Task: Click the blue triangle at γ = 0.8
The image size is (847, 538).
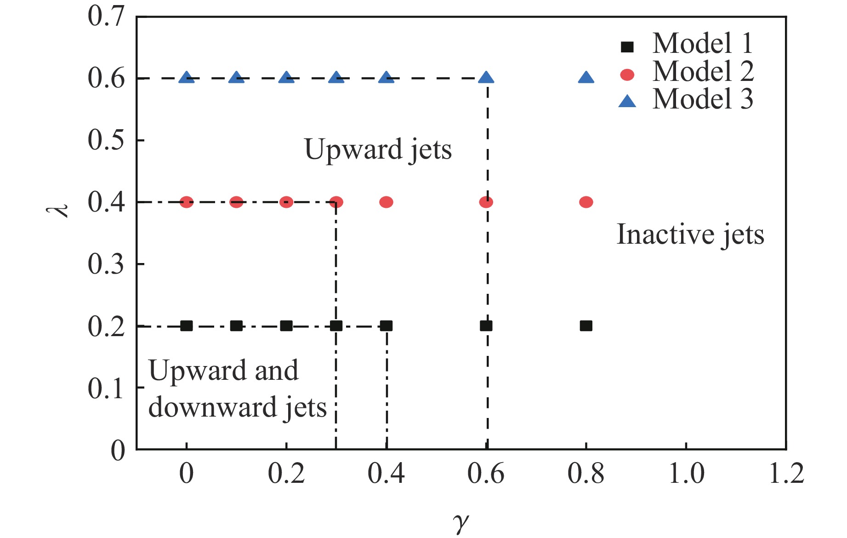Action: [586, 78]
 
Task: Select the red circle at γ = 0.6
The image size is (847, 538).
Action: [486, 202]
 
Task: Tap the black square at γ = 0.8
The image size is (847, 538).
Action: [586, 326]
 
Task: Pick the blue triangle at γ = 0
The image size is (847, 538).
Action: [186, 78]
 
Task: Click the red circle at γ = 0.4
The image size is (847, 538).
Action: [387, 202]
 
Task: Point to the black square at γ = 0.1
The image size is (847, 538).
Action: [236, 326]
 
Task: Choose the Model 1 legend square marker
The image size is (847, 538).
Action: [627, 46]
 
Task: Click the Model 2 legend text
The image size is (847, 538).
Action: [703, 72]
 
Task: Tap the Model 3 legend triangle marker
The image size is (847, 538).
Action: [627, 101]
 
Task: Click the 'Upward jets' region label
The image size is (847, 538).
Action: [378, 150]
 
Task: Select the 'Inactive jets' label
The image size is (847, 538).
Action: [690, 235]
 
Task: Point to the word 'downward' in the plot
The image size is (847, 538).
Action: [211, 407]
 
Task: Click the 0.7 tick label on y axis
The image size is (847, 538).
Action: [106, 17]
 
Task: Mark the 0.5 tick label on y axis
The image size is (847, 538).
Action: [106, 140]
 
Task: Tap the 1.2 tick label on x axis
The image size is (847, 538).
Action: [786, 474]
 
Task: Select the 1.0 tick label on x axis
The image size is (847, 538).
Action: [686, 474]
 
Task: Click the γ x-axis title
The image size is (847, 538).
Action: [461, 522]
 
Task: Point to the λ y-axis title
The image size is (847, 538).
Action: [58, 211]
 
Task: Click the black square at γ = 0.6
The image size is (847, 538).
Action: [486, 326]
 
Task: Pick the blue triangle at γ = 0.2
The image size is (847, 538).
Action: [286, 78]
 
